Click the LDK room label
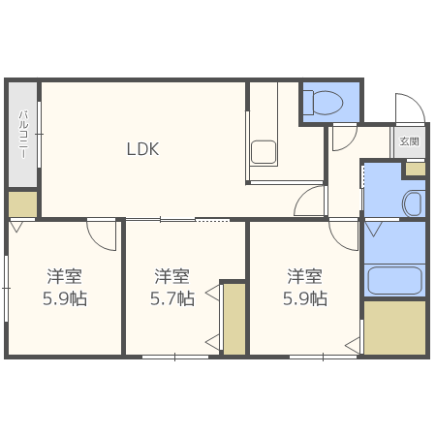coord(142,149)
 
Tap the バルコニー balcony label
coord(21,135)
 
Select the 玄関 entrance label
coord(410,141)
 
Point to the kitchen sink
coord(263,152)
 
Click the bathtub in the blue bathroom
coord(395,280)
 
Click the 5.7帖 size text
coord(173,298)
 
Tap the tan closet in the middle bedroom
coord(234,318)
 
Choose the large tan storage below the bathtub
coord(394,327)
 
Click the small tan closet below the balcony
coord(22,203)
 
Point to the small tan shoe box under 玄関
coord(415,169)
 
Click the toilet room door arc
coord(342,139)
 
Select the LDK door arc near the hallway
coord(310,202)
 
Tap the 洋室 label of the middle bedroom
coord(171,275)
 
